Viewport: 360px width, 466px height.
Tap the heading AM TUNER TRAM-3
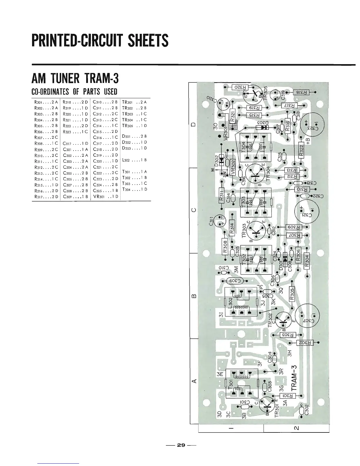tap(75, 79)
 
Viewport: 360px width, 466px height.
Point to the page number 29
tap(181, 445)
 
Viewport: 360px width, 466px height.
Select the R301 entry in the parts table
tap(45, 102)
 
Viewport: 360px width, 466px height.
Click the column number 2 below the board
tap(296, 428)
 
